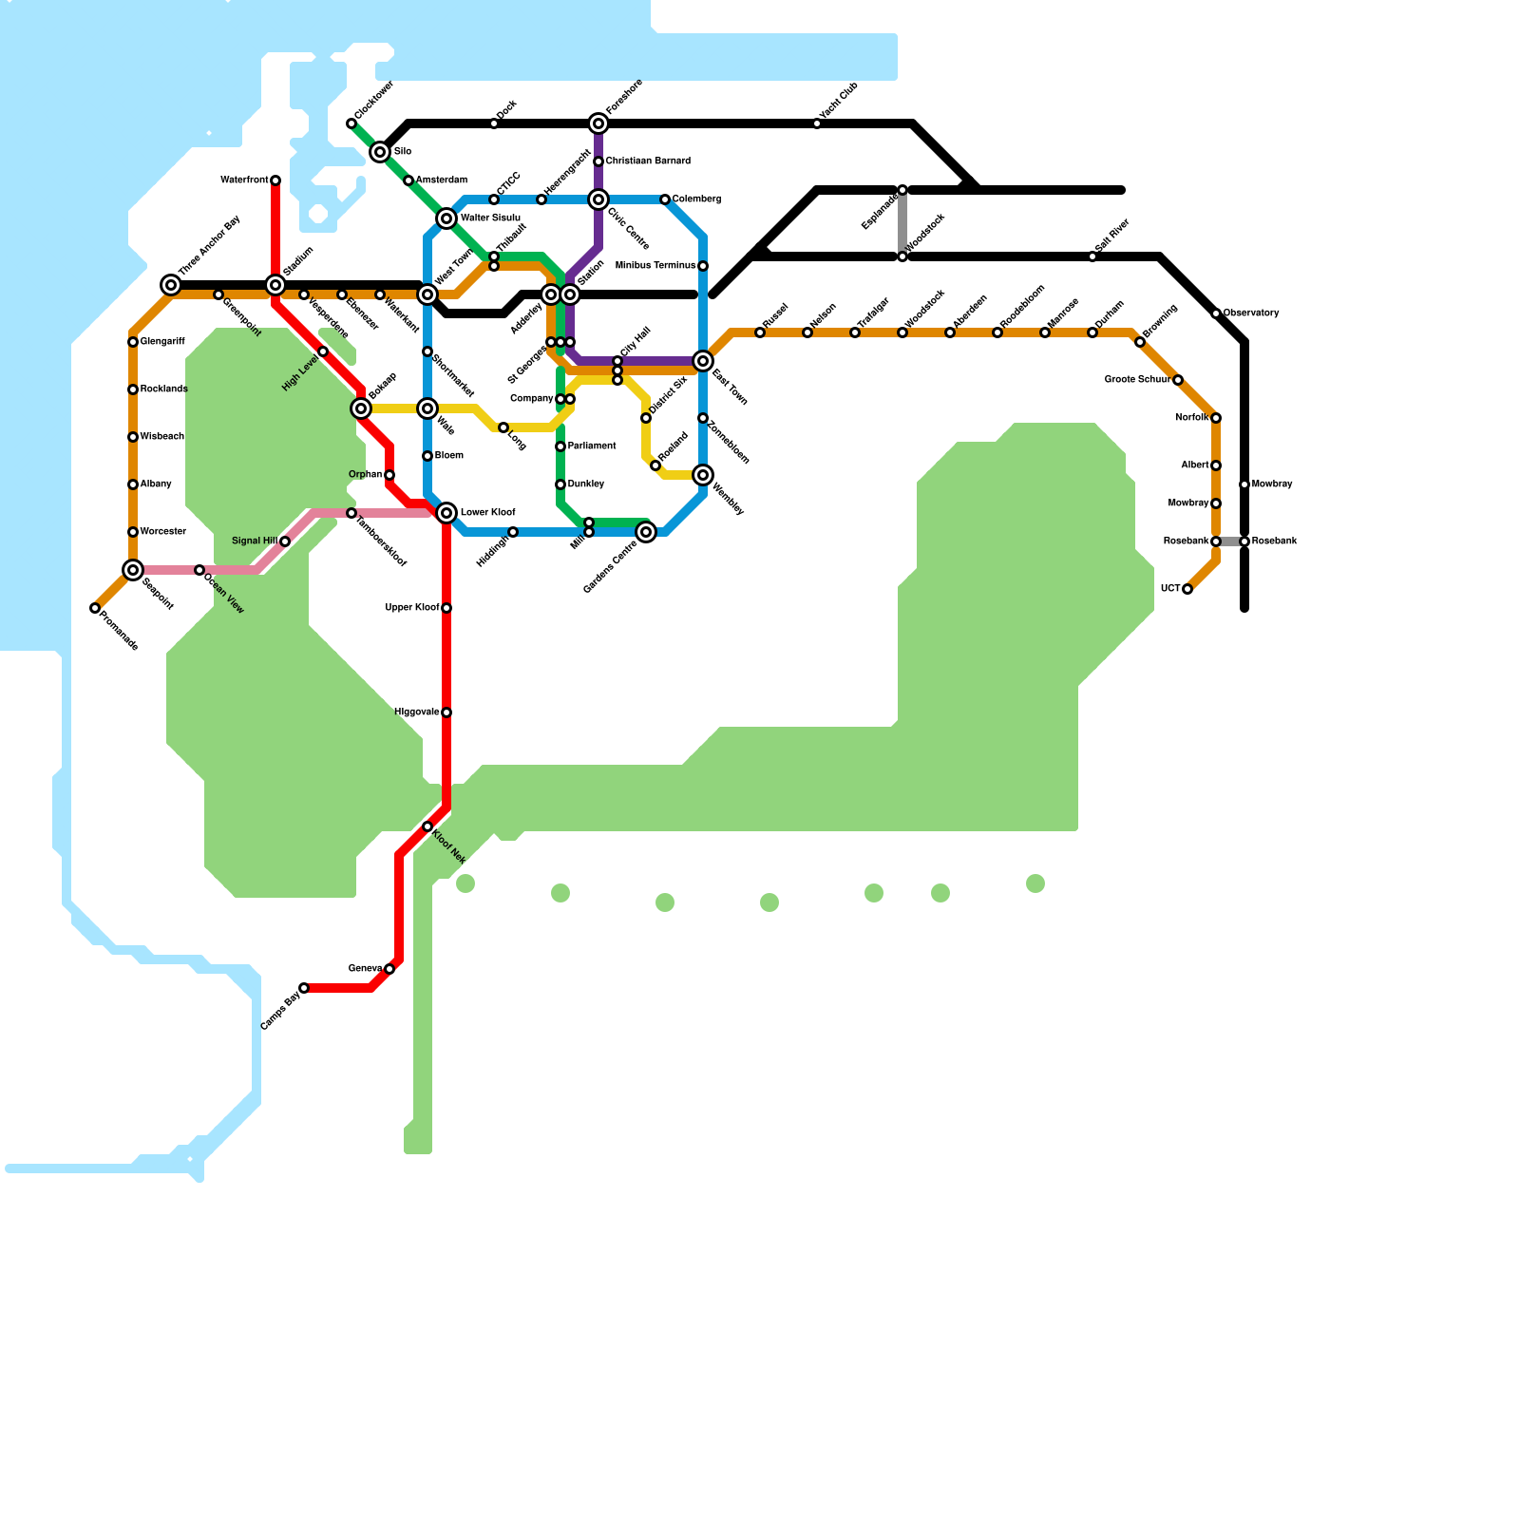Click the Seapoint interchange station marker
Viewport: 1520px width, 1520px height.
pos(133,570)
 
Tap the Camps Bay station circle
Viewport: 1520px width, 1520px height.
pos(304,988)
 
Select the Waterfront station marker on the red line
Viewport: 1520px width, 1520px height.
pos(275,180)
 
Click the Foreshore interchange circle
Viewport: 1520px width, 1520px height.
pos(598,123)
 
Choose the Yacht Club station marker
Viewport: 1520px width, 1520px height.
pos(817,123)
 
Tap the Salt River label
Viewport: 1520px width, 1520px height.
pos(1112,237)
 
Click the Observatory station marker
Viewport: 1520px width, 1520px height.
pos(1216,313)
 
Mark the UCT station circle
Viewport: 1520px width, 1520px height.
pos(1187,589)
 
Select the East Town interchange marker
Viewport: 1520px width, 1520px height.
pos(703,361)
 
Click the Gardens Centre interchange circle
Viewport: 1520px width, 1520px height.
pos(646,532)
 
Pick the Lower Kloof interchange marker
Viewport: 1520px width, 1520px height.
pos(446,513)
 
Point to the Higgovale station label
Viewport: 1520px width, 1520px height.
pos(416,712)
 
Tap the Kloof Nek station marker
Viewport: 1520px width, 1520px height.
pos(427,827)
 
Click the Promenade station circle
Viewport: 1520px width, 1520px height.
pos(95,608)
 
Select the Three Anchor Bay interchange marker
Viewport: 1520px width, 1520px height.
pos(171,285)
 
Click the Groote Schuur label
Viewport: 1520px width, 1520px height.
pos(1136,380)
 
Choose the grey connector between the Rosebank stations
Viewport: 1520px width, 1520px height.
pos(1230,541)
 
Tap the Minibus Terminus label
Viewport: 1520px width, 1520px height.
pos(655,266)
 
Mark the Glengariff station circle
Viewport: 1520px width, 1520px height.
pos(133,342)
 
